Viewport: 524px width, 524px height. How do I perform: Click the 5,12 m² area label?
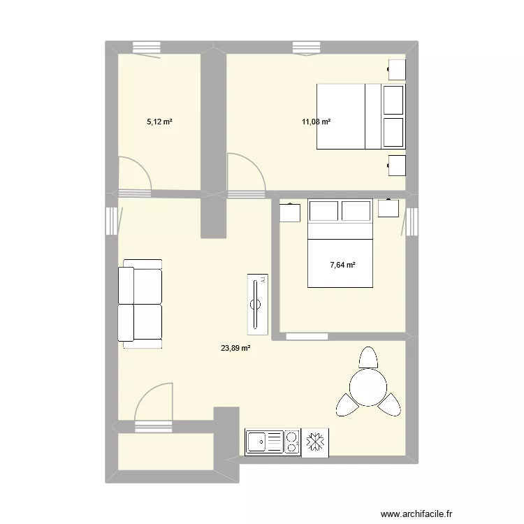[x=159, y=122]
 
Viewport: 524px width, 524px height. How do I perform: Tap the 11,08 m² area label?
[x=316, y=122]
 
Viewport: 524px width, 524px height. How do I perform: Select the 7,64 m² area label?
[x=342, y=265]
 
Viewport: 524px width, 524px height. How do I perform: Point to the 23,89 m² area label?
[x=235, y=348]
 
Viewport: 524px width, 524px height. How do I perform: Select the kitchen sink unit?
[x=264, y=442]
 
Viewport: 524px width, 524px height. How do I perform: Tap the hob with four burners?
[x=291, y=442]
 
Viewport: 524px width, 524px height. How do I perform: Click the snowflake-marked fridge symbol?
[x=314, y=442]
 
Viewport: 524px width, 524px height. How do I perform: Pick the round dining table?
[x=367, y=387]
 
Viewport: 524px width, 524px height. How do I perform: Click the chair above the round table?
[x=367, y=358]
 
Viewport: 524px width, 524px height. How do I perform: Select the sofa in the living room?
[x=140, y=303]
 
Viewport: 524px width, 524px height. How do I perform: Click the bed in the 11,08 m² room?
[x=360, y=117]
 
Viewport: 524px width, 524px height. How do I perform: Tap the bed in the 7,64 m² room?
[x=340, y=245]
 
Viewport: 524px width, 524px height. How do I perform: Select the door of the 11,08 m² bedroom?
[x=246, y=174]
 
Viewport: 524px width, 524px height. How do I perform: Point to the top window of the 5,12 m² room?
[x=147, y=47]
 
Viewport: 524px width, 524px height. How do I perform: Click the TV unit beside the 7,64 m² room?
[x=256, y=303]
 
